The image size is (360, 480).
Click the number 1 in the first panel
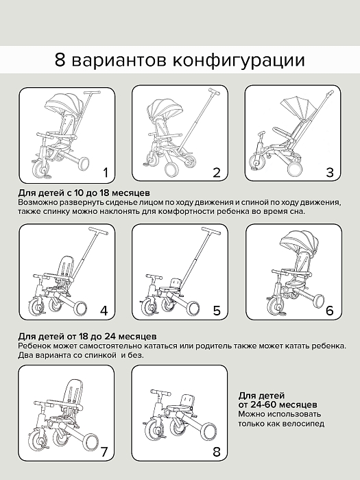tap(105, 172)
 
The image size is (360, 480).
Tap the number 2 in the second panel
tap(217, 172)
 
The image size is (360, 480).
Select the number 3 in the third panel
tap(330, 172)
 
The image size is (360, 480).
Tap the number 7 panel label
tap(104, 452)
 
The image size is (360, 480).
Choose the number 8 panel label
tap(217, 452)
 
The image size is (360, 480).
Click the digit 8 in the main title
tap(61, 60)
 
